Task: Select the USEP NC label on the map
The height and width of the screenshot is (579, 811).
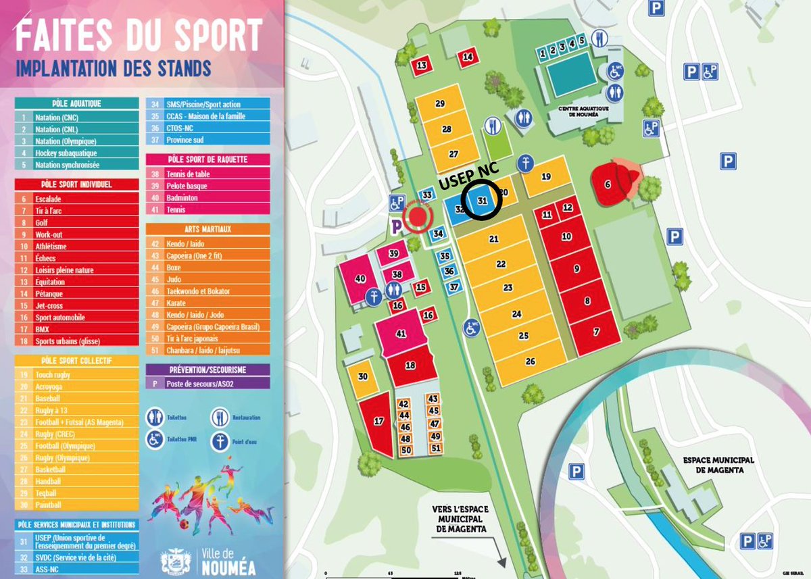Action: pos(466,181)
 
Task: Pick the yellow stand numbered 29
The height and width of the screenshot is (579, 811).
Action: pos(440,104)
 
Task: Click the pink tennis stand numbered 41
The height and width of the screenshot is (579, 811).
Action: pos(401,333)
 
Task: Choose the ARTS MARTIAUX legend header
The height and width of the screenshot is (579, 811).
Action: pos(208,229)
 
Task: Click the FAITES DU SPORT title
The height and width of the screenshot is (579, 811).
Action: pos(139,35)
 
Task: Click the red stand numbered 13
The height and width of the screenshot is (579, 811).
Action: pos(422,66)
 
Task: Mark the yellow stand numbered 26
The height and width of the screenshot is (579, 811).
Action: pos(531,361)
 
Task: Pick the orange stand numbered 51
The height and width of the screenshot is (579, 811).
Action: pos(435,448)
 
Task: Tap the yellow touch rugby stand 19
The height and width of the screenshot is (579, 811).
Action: pos(546,177)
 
